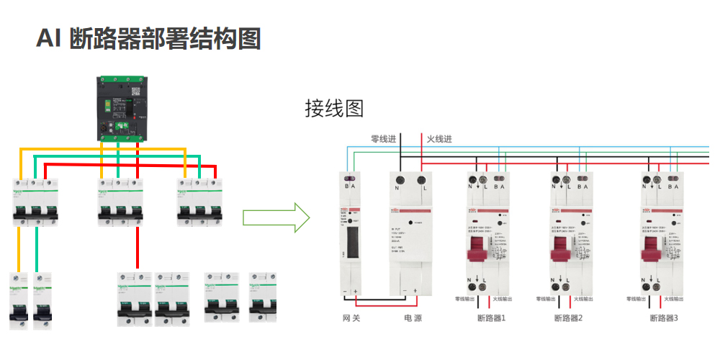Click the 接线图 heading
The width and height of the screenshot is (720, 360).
click(x=334, y=109)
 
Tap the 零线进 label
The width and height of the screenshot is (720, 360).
click(x=384, y=138)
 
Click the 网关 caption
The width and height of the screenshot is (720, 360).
click(x=351, y=318)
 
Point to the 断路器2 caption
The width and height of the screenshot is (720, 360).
click(x=569, y=318)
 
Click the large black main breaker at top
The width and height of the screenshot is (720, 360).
click(x=125, y=108)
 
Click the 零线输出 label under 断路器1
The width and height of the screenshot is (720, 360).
click(x=465, y=299)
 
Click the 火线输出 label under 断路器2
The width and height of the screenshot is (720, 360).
click(x=584, y=299)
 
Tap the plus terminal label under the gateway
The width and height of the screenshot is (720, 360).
click(x=356, y=291)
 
